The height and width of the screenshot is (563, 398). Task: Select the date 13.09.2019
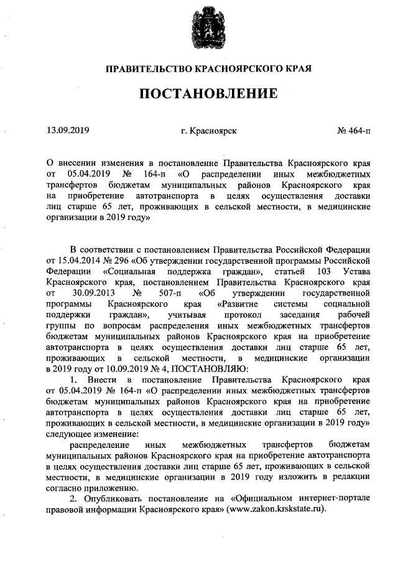68,131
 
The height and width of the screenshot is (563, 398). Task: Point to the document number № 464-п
353,131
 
